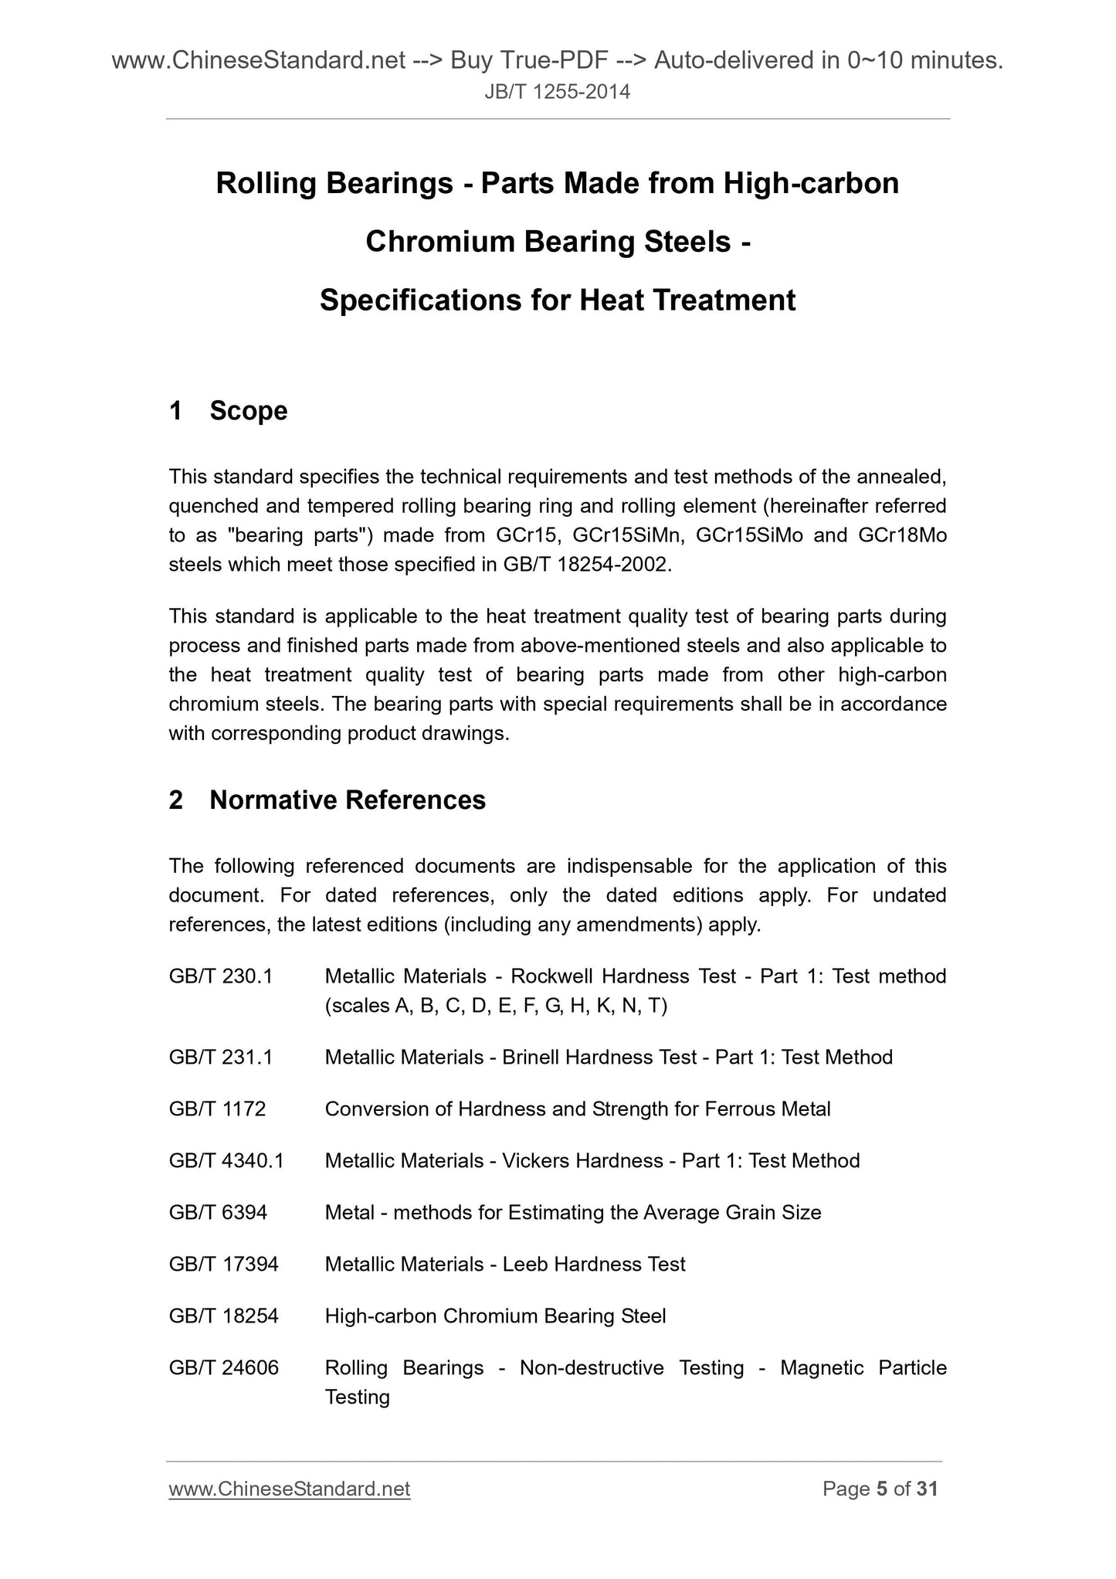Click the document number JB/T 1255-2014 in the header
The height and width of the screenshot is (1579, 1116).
point(558,93)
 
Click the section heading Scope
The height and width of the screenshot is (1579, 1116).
point(248,411)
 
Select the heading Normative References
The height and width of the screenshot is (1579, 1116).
point(347,800)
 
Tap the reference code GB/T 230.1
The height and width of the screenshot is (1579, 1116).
point(221,976)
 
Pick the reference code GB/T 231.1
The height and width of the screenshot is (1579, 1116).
point(221,1058)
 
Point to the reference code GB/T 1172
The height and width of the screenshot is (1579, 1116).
point(217,1109)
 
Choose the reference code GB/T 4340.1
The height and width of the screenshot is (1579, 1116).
point(226,1161)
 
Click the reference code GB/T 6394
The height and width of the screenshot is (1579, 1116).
point(218,1213)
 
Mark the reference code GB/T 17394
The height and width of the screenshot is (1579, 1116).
point(223,1265)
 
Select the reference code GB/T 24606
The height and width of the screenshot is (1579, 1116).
point(223,1368)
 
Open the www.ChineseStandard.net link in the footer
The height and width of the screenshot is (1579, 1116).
point(290,1489)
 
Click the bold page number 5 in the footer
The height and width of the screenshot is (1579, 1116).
point(882,1489)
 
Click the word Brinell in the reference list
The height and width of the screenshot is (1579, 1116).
point(531,1058)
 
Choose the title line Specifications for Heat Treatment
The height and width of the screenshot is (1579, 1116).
point(558,301)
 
